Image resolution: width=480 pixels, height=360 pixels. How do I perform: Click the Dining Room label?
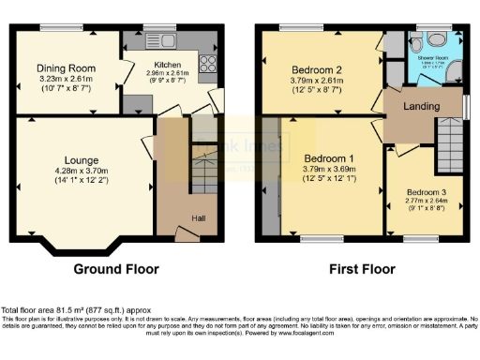pyautogui.click(x=67, y=68)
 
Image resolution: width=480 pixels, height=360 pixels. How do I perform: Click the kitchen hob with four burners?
pyautogui.click(x=207, y=66)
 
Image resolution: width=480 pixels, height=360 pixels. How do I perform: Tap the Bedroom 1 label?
pyautogui.click(x=325, y=158)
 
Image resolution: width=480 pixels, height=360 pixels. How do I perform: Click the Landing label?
pyautogui.click(x=421, y=107)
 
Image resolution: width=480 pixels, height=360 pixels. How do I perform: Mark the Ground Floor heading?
pyautogui.click(x=116, y=269)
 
